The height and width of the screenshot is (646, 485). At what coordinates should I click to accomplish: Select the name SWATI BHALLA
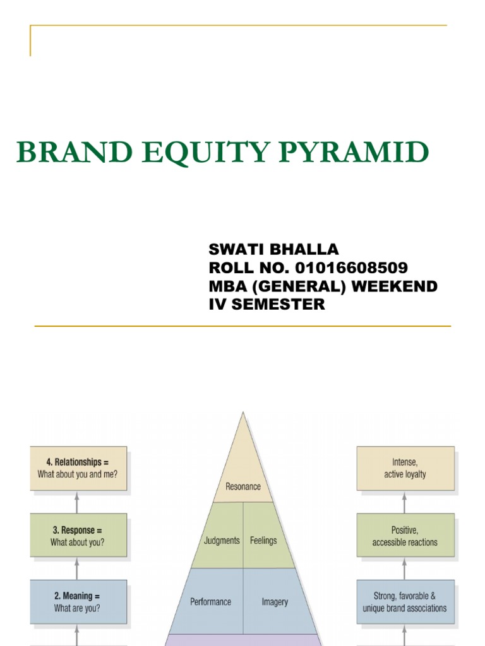pos(273,249)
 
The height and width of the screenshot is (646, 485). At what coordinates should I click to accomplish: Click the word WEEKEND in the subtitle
pos(395,286)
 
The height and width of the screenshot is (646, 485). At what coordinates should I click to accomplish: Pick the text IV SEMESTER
pos(266,304)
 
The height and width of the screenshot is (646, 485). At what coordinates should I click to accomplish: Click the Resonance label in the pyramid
pos(242,486)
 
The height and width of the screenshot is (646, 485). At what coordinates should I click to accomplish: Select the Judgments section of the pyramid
pos(222,541)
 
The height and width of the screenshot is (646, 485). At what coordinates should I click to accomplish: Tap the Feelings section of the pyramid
pos(263,541)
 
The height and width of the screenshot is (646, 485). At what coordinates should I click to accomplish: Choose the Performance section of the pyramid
pos(211,602)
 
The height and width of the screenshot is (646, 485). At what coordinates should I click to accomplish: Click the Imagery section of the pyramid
pos(275,602)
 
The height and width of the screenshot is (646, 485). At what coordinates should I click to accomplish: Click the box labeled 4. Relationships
pos(78,469)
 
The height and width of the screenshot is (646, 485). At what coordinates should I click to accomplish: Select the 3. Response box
pos(78,536)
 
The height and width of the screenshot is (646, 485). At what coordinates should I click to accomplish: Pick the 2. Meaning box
pos(78,602)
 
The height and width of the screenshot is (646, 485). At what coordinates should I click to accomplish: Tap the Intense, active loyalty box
pos(405,469)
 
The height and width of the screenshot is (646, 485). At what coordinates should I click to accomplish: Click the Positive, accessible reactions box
pos(405,536)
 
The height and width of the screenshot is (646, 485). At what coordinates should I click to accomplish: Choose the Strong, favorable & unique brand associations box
pos(405,602)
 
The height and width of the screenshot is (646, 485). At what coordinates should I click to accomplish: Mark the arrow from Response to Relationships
pos(78,502)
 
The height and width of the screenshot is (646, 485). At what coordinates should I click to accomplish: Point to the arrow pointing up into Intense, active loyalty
pos(405,502)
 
